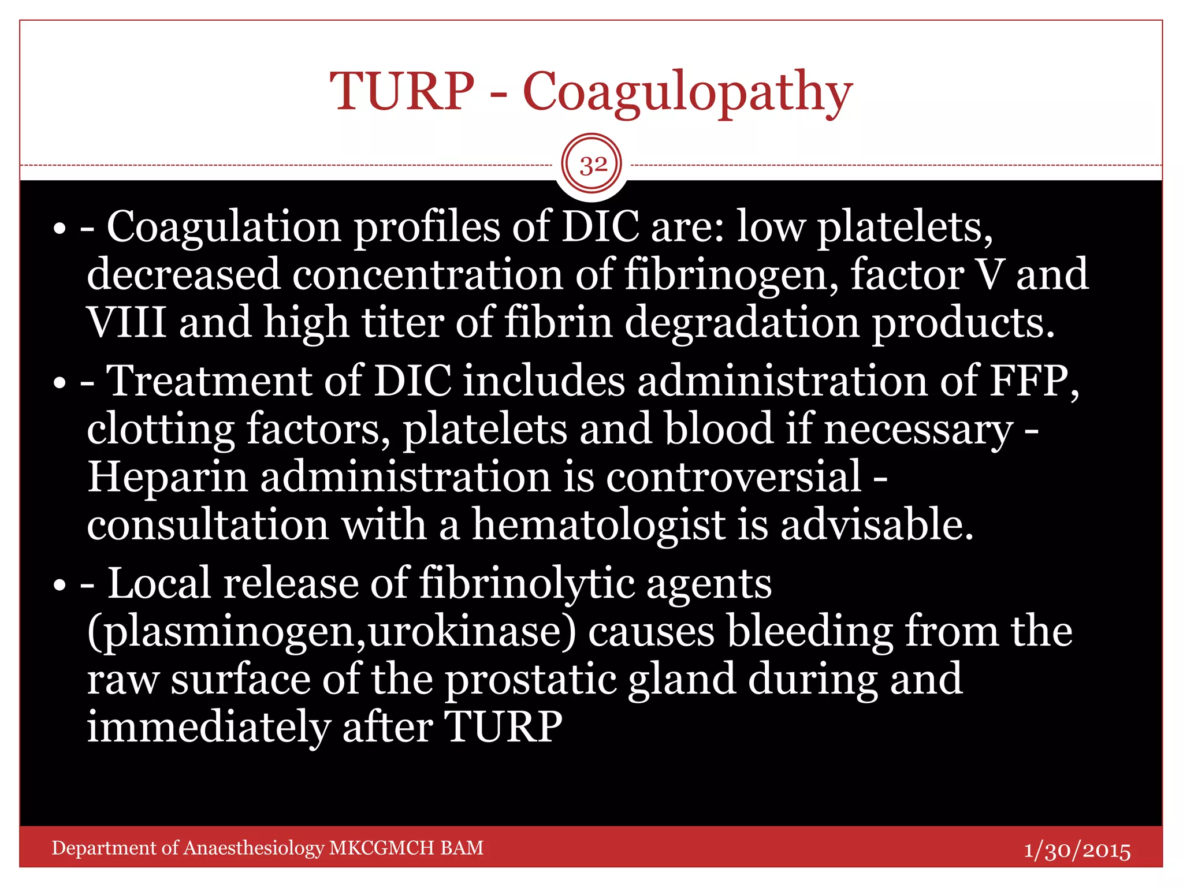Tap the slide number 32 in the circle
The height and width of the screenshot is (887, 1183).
(x=593, y=165)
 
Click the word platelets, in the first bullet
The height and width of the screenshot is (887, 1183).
(x=905, y=227)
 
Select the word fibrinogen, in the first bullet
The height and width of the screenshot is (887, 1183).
(x=731, y=275)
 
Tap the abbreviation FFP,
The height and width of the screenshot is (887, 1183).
(x=1035, y=381)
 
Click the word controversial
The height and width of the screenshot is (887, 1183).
(x=734, y=477)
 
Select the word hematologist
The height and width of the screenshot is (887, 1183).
(x=598, y=526)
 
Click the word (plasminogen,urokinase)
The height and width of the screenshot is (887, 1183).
(x=332, y=632)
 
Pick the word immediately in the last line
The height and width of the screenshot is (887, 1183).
(x=209, y=727)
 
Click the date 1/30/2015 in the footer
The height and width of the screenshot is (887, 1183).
(x=1077, y=851)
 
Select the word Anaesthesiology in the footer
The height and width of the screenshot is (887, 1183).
(x=254, y=848)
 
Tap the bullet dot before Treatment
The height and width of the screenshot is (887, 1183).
(x=59, y=383)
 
